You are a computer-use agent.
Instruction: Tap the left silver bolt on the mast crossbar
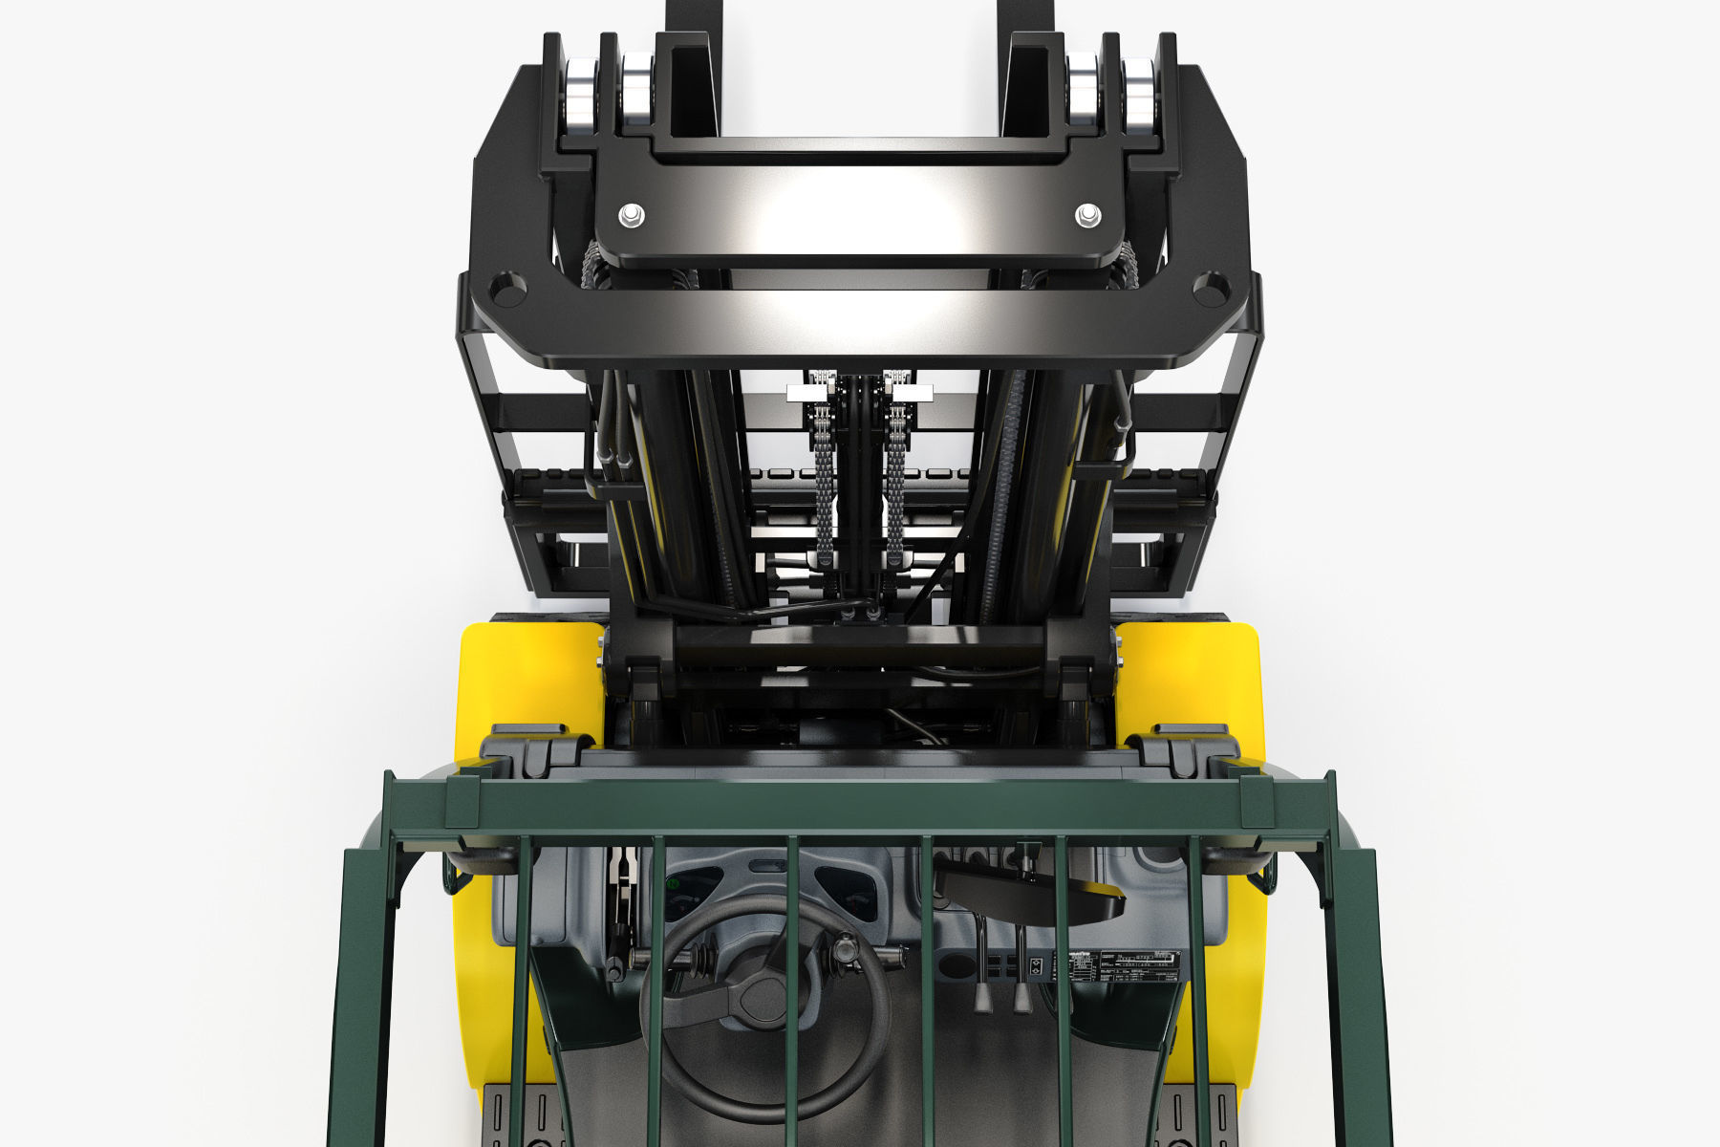pos(630,213)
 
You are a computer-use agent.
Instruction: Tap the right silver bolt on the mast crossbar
pos(1087,213)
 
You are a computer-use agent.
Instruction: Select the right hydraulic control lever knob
pos(1021,998)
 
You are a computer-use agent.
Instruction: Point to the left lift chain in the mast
pos(823,478)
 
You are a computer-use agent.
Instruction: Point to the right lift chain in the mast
pos(895,478)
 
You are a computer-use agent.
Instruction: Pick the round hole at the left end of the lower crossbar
pos(505,288)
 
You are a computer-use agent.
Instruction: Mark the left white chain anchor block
pos(804,394)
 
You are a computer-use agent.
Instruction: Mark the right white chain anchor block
pos(914,392)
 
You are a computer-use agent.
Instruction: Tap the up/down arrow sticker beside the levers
pos(1033,966)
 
